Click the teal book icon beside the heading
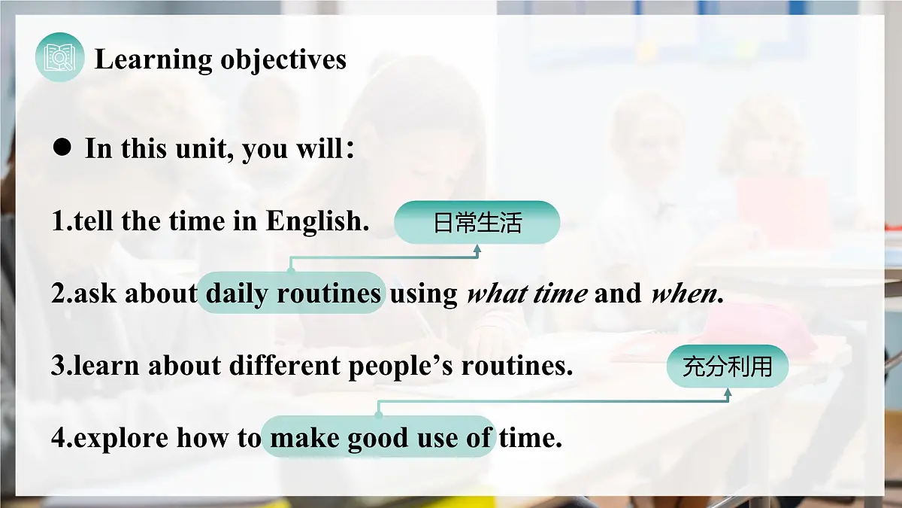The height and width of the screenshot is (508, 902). click(x=59, y=57)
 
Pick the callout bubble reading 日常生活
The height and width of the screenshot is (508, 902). click(x=477, y=223)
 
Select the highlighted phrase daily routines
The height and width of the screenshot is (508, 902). click(x=292, y=294)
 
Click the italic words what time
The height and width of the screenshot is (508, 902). click(x=526, y=294)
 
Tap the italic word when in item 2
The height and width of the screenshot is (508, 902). click(x=683, y=294)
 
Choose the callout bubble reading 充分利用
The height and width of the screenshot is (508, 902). click(x=727, y=367)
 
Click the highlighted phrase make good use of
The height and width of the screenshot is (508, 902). click(x=380, y=437)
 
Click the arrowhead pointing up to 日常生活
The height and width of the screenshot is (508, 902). click(x=477, y=249)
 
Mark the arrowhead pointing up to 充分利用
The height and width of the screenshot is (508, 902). click(x=727, y=393)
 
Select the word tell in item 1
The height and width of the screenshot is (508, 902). click(x=95, y=221)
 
